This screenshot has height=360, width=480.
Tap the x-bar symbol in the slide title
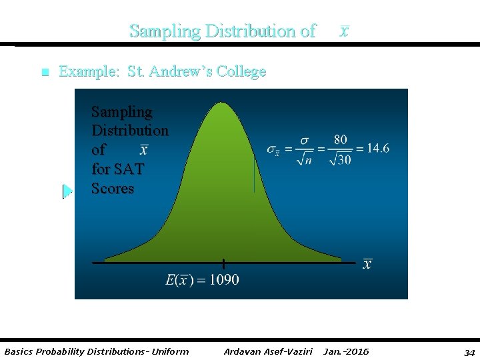point(343,31)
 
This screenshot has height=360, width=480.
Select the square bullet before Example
point(45,73)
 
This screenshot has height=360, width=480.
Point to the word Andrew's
point(179,71)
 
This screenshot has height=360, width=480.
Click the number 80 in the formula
point(340,139)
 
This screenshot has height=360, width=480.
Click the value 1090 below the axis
point(224,280)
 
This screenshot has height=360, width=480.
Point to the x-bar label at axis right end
point(367,265)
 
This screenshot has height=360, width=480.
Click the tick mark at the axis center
point(223,263)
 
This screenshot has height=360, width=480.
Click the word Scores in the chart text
point(113,189)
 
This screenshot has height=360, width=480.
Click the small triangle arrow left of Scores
point(67,191)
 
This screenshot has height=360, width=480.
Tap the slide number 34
point(469,351)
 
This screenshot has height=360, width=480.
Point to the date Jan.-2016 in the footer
point(345,351)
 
